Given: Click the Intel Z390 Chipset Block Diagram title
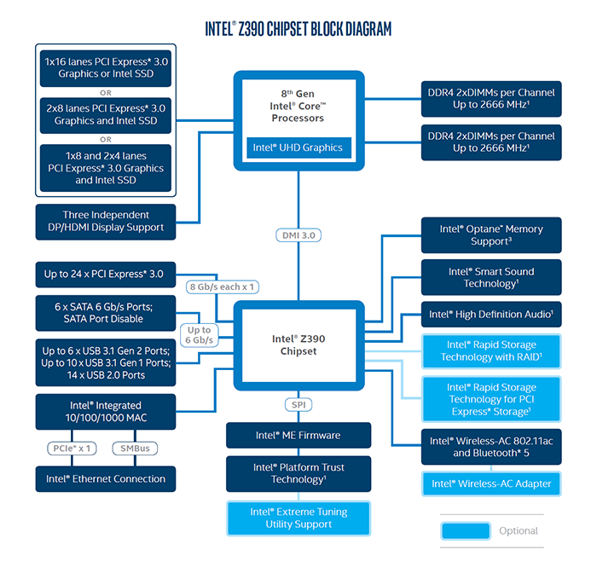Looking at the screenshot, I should tap(298, 29).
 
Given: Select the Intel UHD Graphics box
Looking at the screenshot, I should tap(298, 148).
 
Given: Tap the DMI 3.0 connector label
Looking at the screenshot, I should tap(298, 234).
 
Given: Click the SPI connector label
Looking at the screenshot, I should tap(298, 404).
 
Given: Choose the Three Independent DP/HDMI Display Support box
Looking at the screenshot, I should tap(106, 222).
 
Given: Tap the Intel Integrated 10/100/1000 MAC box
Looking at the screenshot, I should tap(106, 412).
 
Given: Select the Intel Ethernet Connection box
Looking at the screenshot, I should tap(106, 478).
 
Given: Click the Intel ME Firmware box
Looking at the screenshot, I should tap(298, 435).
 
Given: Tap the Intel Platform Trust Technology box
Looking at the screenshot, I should tap(298, 473).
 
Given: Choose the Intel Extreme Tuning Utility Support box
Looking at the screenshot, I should tap(298, 518).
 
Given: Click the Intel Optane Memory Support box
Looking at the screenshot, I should tap(491, 235).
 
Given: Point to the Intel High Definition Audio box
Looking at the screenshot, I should tap(491, 314).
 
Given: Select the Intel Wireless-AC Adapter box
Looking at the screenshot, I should tap(491, 483).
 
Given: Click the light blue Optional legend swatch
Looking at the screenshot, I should tap(465, 530).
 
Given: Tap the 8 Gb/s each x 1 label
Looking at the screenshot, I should tap(222, 287).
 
